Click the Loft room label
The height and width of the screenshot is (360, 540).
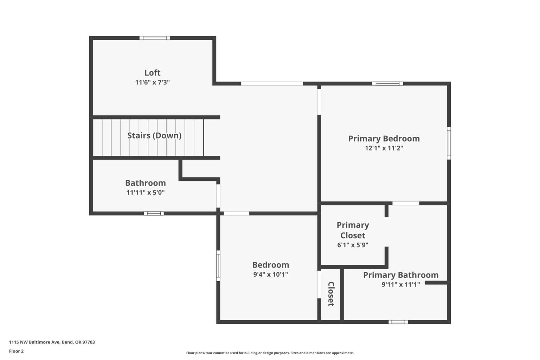point(152,72)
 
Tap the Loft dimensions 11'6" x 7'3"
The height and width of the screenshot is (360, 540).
point(152,82)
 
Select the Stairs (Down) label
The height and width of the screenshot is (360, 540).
point(154,135)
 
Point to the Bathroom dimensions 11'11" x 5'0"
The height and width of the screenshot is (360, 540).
point(145,192)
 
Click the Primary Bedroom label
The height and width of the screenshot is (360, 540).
point(384,139)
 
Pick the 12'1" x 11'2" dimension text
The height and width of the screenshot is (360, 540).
point(384,148)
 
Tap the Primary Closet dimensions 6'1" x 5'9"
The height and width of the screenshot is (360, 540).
point(353,245)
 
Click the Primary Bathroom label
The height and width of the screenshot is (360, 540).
point(401,275)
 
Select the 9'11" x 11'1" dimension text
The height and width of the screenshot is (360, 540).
point(401,284)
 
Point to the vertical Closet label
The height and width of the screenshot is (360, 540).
point(331,294)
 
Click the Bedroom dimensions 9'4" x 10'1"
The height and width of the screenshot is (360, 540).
point(270,275)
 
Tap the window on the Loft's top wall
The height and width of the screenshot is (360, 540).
point(155,38)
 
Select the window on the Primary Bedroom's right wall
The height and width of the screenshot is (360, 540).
point(449,143)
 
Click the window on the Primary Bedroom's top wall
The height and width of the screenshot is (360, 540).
point(388,84)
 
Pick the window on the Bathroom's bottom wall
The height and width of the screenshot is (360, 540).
point(154,213)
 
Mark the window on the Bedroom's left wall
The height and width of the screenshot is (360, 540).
point(218,266)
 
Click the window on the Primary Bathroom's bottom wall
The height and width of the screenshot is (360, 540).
point(398,322)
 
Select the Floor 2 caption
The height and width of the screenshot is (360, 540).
point(17,351)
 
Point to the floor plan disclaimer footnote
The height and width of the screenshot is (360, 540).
point(270,353)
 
